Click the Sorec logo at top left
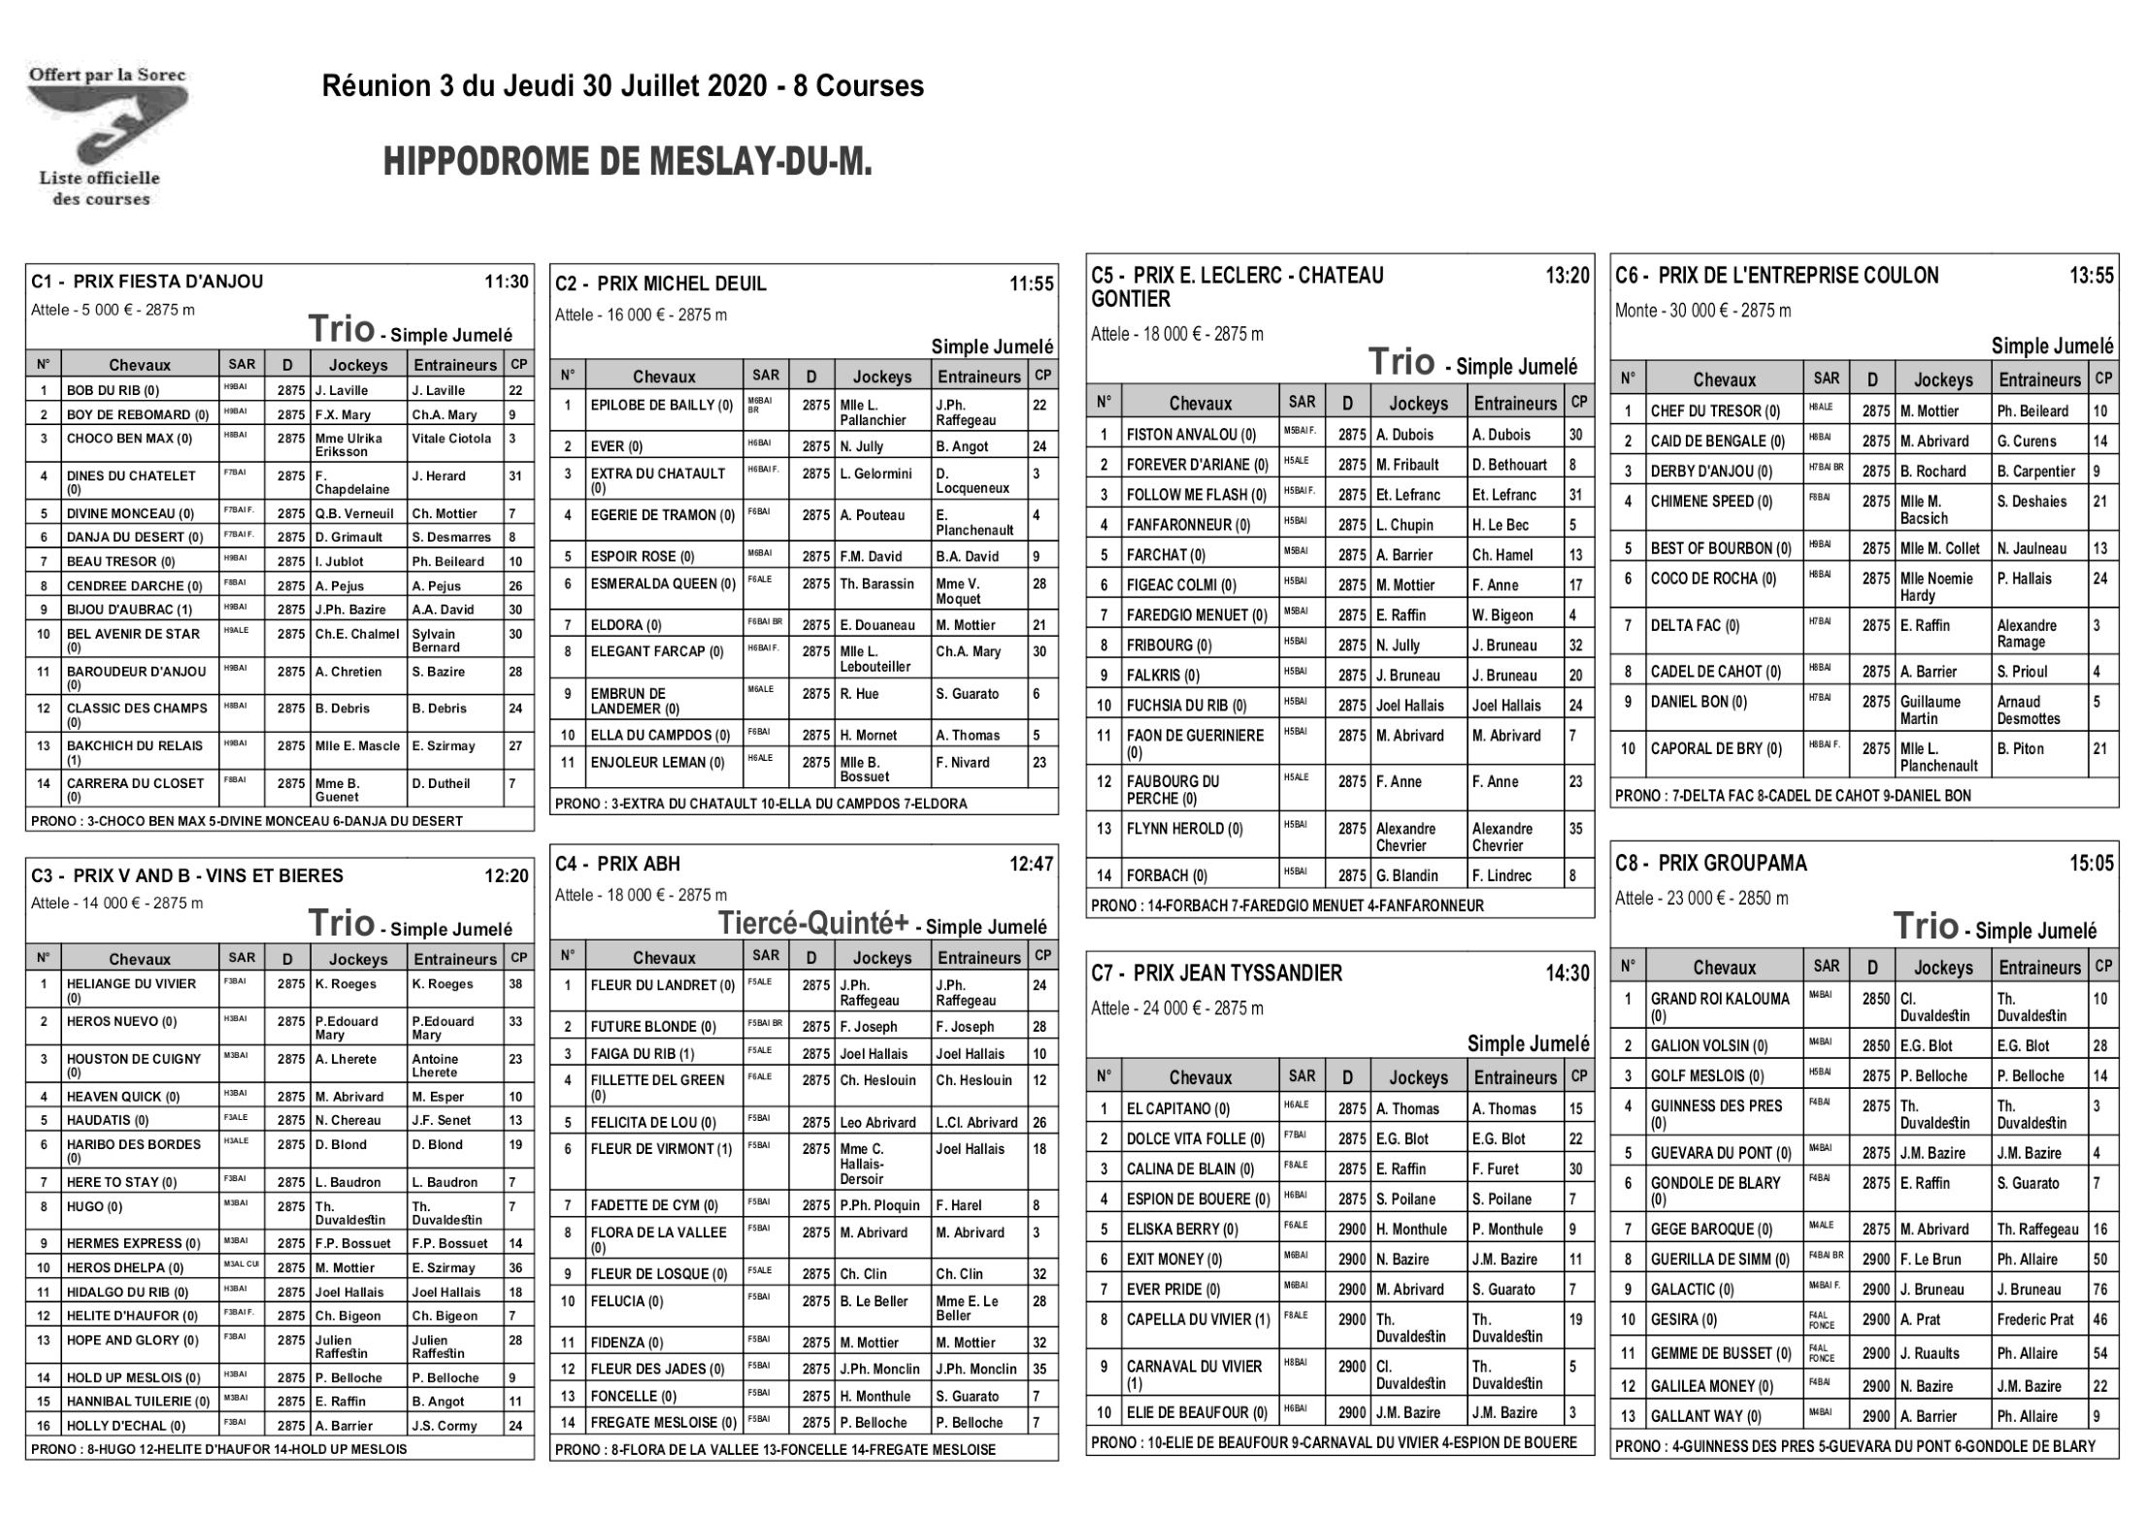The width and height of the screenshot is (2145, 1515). click(x=107, y=136)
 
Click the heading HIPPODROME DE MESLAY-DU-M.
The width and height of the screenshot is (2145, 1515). click(x=628, y=162)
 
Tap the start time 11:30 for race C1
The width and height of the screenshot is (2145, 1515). click(x=507, y=282)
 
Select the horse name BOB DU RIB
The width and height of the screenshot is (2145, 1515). click(x=113, y=391)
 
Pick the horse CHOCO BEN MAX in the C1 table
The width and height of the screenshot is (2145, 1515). click(x=129, y=439)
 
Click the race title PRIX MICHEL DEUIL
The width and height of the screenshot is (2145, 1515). click(x=681, y=284)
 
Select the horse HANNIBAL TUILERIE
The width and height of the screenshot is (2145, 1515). click(x=138, y=1401)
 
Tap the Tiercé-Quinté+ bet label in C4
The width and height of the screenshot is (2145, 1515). click(x=813, y=923)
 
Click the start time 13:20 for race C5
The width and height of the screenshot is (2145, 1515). click(x=1567, y=276)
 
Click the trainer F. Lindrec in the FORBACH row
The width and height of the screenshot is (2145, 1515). click(x=1502, y=875)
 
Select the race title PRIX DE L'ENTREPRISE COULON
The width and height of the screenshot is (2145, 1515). click(x=1798, y=276)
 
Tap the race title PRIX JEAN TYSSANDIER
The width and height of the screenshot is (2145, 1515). click(x=1237, y=973)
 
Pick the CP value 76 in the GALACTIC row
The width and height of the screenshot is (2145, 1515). click(x=2100, y=1290)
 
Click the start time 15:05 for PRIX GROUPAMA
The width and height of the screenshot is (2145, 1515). click(x=2091, y=863)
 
